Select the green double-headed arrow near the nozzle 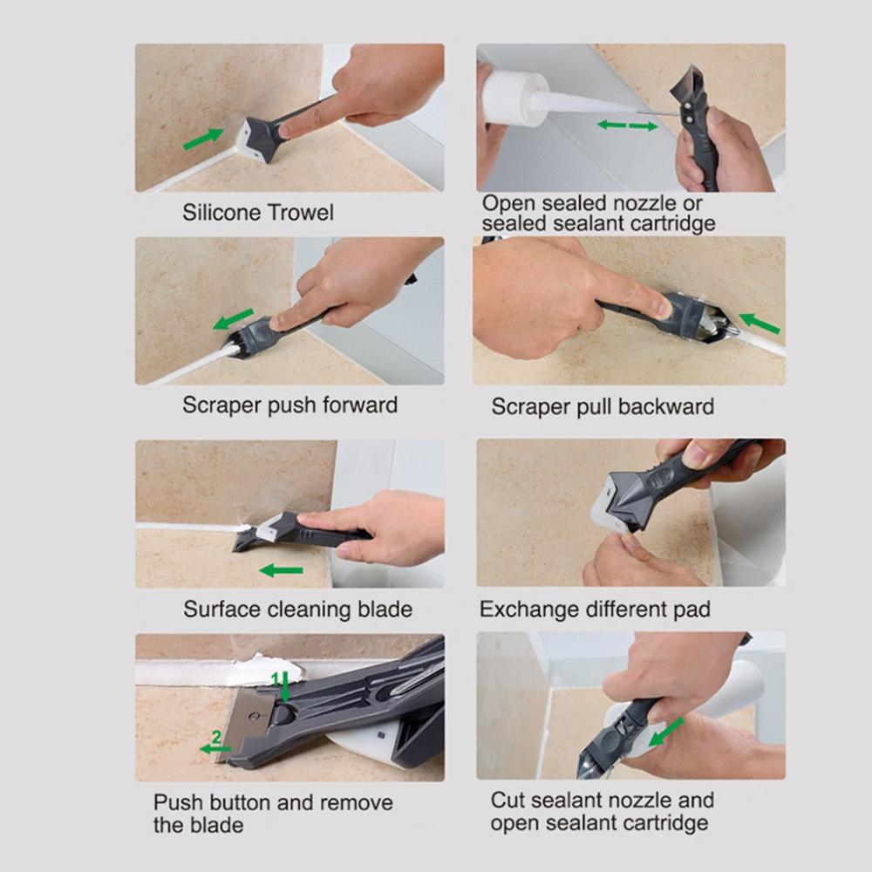click(627, 126)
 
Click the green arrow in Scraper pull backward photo click(759, 324)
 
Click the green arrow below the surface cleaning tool click(281, 570)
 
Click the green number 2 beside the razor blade click(215, 737)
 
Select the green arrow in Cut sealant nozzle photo click(665, 732)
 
